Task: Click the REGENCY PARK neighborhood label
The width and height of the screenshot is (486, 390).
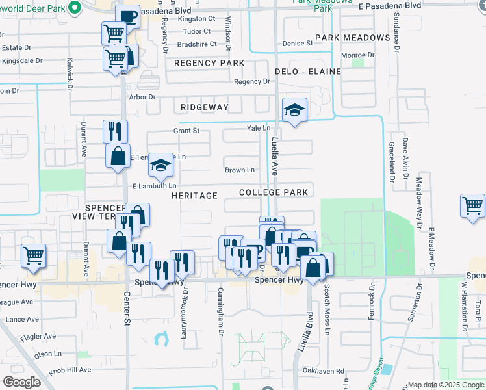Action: (209, 63)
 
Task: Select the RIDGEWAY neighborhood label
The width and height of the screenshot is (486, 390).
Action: (205, 107)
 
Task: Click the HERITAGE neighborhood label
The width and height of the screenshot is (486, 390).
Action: (194, 196)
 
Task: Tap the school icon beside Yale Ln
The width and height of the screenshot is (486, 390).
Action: (294, 110)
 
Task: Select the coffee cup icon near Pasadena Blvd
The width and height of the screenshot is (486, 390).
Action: (129, 16)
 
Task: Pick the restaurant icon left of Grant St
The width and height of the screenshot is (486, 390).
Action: (115, 131)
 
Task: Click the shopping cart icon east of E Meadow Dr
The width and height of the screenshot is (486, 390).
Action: (472, 206)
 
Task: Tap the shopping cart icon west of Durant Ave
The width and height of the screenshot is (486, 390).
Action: (33, 255)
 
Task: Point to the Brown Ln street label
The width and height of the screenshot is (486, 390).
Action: (240, 170)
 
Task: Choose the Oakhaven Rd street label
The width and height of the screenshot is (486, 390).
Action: (331, 370)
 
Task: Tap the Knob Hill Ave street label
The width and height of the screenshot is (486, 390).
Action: (71, 369)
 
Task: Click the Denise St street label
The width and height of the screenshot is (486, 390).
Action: (298, 44)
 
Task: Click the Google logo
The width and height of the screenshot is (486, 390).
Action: (22, 382)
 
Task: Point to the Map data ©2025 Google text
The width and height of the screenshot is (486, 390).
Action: (444, 385)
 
